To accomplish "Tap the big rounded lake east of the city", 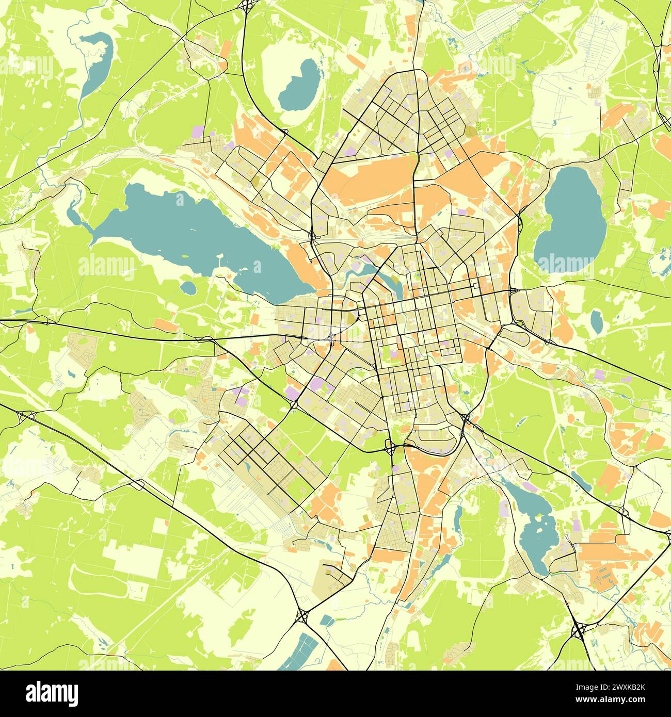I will click(570, 222).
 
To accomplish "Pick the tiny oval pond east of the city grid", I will click(597, 322).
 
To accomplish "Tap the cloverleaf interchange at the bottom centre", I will click(302, 614).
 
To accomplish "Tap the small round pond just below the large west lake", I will click(189, 288).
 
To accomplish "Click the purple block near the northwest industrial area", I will click(198, 131).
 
